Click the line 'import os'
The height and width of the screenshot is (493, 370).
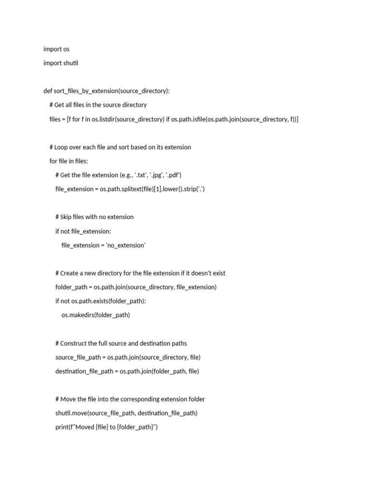click(56, 49)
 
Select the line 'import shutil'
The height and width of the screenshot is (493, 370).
click(61, 63)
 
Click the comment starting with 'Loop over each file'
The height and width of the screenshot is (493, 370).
click(120, 147)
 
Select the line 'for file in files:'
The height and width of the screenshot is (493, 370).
click(69, 161)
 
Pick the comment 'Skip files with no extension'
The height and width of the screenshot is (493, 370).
click(94, 217)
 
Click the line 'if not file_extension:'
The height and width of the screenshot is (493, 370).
click(83, 231)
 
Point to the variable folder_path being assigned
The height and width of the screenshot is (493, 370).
click(72, 287)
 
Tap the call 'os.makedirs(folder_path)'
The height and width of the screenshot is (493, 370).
click(95, 315)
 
